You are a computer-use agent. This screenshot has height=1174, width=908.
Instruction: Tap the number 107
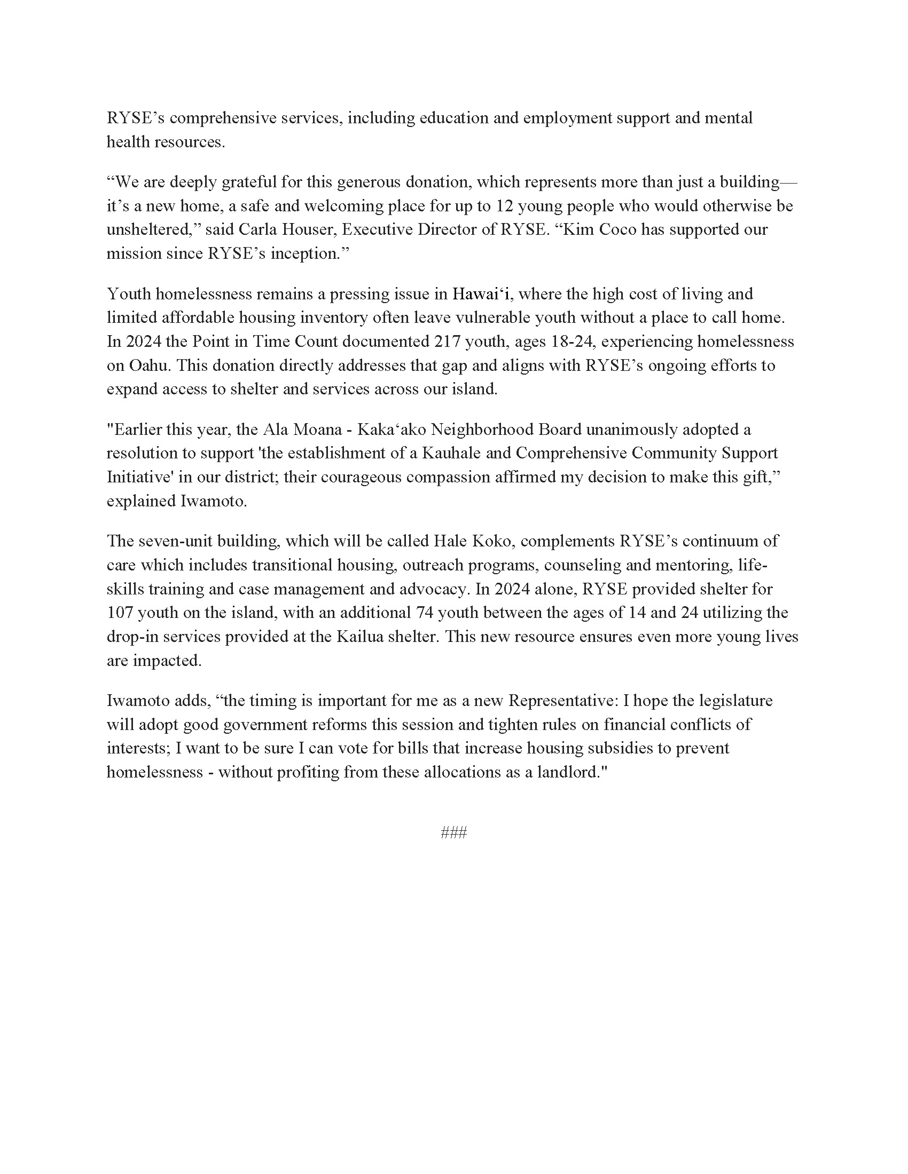point(120,612)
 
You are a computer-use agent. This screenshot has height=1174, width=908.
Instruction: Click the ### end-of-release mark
point(453,832)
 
